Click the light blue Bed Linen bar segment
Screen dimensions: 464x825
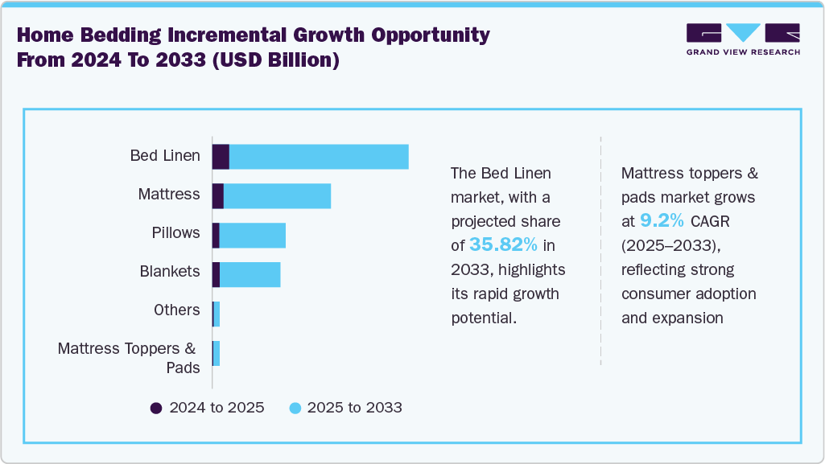click(319, 157)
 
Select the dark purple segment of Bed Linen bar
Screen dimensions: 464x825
click(221, 157)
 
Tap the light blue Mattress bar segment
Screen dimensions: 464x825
click(277, 195)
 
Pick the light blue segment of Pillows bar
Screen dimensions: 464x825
click(252, 235)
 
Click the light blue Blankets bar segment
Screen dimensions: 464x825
click(250, 274)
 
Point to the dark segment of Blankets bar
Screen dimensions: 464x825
click(216, 274)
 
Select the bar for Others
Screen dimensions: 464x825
click(217, 314)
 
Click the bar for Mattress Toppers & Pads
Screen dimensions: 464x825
click(217, 353)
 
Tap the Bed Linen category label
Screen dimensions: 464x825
click(165, 156)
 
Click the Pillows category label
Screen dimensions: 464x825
click(175, 233)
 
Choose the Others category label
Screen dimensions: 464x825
click(176, 310)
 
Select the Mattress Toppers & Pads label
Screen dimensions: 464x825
click(128, 358)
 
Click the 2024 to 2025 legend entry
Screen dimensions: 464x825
click(208, 408)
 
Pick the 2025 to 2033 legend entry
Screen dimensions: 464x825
click(345, 408)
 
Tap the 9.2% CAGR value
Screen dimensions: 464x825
click(662, 221)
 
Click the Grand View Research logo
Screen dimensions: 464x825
click(743, 39)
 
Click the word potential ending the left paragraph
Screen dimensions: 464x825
click(483, 318)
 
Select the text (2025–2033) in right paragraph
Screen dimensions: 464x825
click(666, 245)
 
